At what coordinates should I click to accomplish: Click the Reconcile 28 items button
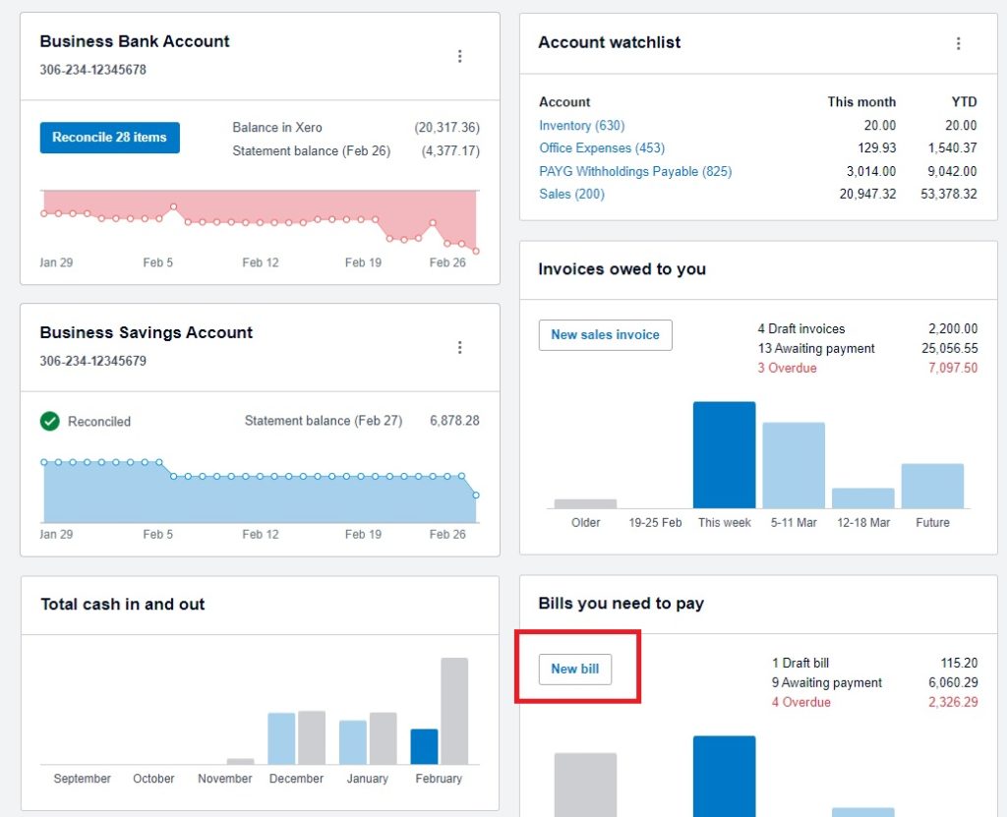point(109,138)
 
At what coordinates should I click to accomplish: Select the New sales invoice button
point(605,335)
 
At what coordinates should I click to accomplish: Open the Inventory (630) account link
point(581,126)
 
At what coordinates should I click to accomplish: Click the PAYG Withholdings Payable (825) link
point(635,171)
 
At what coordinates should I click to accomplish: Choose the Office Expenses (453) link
point(602,148)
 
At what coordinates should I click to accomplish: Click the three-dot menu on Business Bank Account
point(459,57)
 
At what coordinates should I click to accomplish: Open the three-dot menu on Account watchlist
point(958,43)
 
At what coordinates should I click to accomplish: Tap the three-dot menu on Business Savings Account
point(459,348)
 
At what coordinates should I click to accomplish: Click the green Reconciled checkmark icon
point(50,421)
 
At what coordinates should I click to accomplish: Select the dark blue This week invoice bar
point(724,454)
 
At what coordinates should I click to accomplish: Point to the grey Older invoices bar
point(585,503)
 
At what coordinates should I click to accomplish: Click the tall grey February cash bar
point(454,710)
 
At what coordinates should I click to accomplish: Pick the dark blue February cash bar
point(424,746)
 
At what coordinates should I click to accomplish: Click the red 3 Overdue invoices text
point(787,368)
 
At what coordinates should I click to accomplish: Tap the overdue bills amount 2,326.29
point(952,702)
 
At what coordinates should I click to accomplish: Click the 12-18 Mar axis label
point(862,523)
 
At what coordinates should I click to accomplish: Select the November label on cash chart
point(225,779)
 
